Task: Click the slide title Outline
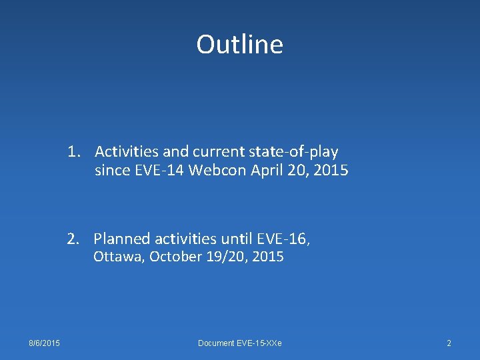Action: (x=239, y=45)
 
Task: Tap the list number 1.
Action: (x=73, y=152)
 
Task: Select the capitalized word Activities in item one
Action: (x=127, y=152)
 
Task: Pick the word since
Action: (x=113, y=171)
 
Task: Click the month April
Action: (x=268, y=171)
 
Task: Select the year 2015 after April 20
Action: (x=331, y=171)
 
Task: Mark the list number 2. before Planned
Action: (x=73, y=239)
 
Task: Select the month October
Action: (x=173, y=257)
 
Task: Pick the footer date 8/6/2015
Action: (x=44, y=343)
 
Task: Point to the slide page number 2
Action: (x=449, y=343)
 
